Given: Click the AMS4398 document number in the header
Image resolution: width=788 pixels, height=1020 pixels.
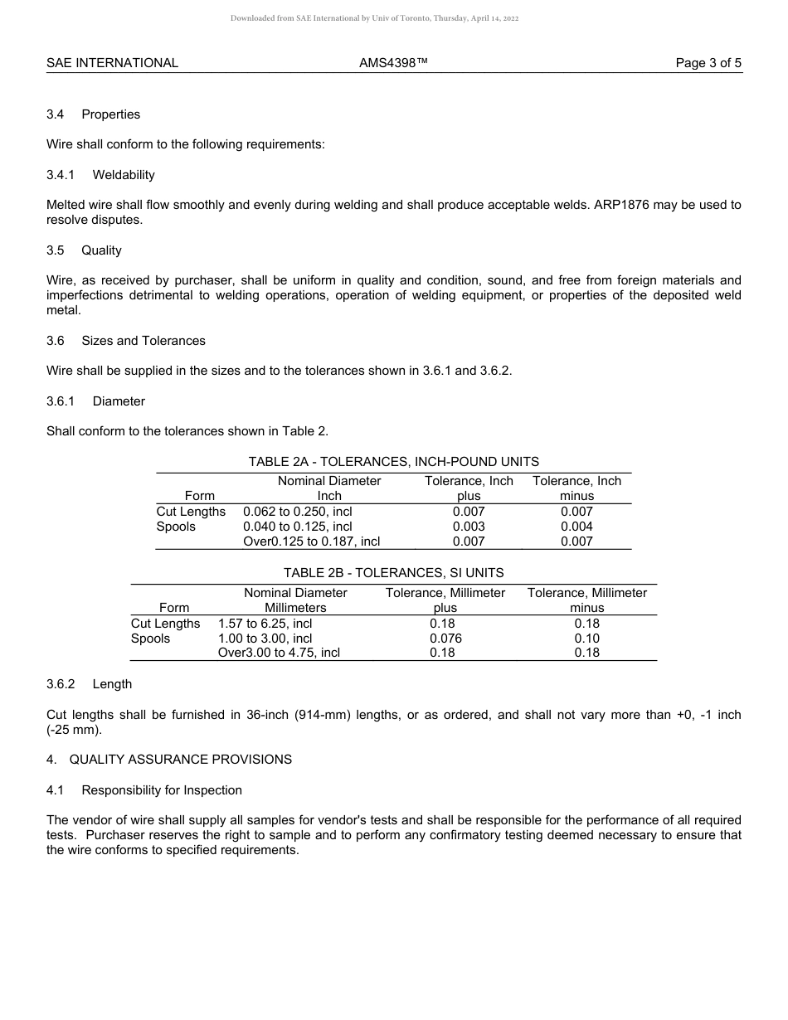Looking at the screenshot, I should pyautogui.click(x=393, y=63).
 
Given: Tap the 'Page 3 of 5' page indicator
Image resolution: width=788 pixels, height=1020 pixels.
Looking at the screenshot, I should pyautogui.click(x=708, y=63).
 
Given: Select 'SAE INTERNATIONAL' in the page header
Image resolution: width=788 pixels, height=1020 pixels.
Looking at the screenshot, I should pyautogui.click(x=112, y=63).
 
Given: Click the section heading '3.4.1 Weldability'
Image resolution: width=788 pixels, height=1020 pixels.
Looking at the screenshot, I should pyautogui.click(x=100, y=175).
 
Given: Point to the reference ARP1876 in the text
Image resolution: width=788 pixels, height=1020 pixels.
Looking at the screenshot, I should pyautogui.click(x=624, y=205).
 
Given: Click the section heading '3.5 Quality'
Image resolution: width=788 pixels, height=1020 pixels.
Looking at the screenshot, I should pyautogui.click(x=84, y=250).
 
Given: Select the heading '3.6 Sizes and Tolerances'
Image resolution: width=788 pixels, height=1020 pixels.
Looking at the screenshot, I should pyautogui.click(x=126, y=341).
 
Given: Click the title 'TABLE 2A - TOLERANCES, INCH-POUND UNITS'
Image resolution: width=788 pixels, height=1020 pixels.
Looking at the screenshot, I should pyautogui.click(x=393, y=462).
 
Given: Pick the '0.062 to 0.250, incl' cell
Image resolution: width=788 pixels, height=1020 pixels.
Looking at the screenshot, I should pyautogui.click(x=297, y=512).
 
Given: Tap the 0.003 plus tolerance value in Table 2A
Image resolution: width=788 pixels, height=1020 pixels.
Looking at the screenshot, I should pyautogui.click(x=469, y=527).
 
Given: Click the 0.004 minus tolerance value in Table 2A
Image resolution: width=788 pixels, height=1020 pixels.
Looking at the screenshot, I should pyautogui.click(x=576, y=527).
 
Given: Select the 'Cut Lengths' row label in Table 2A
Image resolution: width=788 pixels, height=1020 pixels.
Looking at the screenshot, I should pyautogui.click(x=191, y=512).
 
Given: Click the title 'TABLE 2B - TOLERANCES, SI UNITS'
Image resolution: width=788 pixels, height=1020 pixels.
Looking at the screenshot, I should pyautogui.click(x=393, y=573).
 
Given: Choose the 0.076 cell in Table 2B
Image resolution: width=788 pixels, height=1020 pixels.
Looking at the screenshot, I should pyautogui.click(x=445, y=639).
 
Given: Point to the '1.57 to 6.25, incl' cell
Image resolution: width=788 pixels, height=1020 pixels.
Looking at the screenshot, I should pyautogui.click(x=265, y=624).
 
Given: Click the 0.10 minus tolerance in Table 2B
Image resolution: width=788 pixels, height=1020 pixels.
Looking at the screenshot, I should pyautogui.click(x=586, y=639).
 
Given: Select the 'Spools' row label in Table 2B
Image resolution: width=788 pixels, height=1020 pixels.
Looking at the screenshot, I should pyautogui.click(x=150, y=639).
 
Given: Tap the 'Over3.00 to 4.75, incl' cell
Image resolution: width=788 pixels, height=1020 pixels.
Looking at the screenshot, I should pyautogui.click(x=279, y=653).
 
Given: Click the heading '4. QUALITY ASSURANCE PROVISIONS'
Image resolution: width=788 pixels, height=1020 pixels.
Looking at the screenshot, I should pyautogui.click(x=169, y=760).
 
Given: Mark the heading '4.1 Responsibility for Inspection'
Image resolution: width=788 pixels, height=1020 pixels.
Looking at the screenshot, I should pyautogui.click(x=144, y=790).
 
